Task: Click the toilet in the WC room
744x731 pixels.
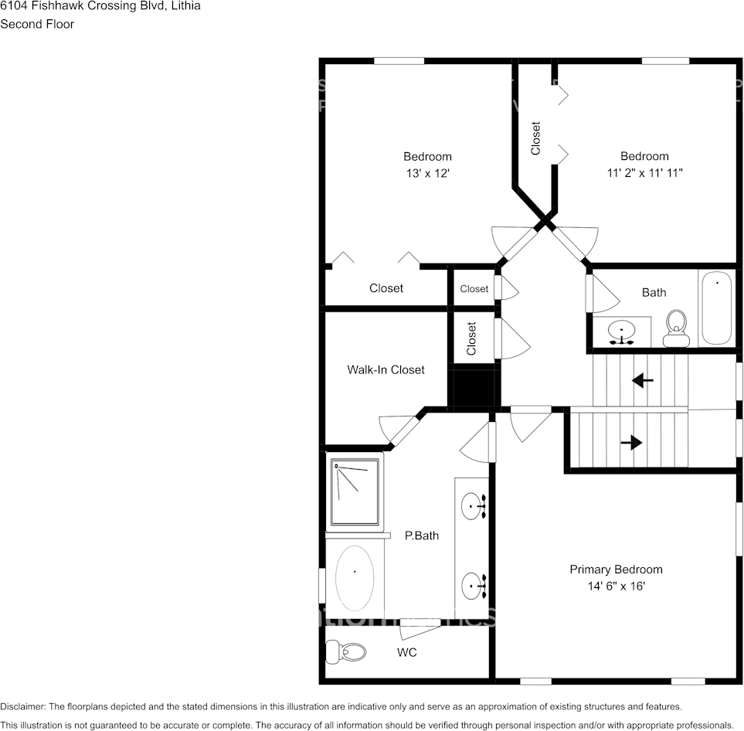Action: coord(346,653)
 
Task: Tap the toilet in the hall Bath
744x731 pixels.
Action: coord(677,328)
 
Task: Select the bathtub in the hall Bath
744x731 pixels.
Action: coord(716,308)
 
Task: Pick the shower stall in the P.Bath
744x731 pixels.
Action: coord(355,491)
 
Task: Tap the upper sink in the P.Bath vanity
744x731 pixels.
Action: coord(474,506)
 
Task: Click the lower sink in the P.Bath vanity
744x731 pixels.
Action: coord(474,586)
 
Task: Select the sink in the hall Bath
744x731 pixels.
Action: coord(621,332)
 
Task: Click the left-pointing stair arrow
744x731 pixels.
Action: coord(642,380)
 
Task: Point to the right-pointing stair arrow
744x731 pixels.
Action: coord(631,443)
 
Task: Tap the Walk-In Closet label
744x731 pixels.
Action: coord(386,370)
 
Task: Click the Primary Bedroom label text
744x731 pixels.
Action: coord(616,569)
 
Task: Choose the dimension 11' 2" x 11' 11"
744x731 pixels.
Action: coord(644,174)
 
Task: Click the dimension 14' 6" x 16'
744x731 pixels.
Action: coord(616,586)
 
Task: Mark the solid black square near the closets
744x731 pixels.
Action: coord(472,386)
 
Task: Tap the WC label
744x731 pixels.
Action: coord(407,653)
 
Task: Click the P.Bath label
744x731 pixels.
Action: coord(422,535)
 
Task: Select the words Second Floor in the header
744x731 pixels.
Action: coord(37,24)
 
